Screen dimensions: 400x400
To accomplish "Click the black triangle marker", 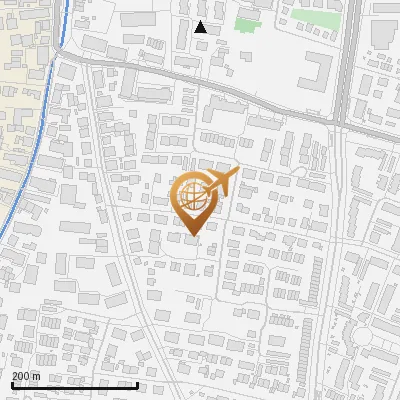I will click(x=201, y=27).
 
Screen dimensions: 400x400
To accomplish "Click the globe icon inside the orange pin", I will click(x=192, y=198).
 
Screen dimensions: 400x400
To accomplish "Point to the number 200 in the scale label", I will click(x=20, y=376).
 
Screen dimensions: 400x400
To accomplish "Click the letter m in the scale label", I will click(x=37, y=376).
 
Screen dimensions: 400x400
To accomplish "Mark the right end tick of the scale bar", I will click(x=137, y=384).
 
